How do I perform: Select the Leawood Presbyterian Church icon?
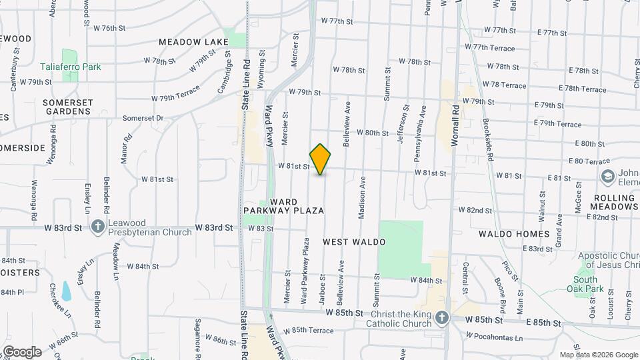98,227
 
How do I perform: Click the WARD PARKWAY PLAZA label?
284,206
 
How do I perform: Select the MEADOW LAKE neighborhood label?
193,42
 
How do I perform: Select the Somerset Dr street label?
143,118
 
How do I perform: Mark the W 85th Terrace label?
308,330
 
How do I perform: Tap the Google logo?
22,351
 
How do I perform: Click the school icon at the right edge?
607,177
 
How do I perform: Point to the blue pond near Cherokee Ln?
66,291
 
